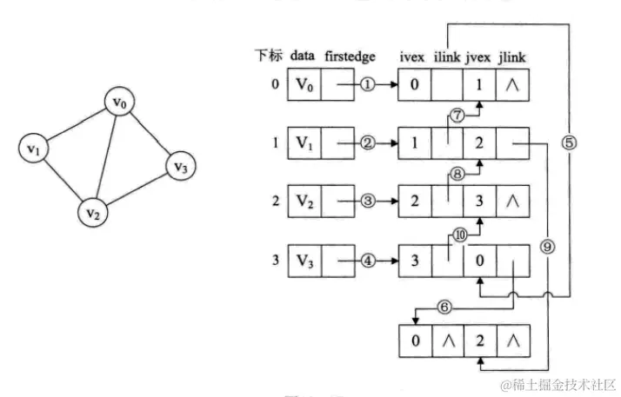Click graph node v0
tap(122, 103)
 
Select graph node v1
tap(34, 149)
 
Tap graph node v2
tap(94, 210)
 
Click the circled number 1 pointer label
tap(367, 85)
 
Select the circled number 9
tap(546, 246)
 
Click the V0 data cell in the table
tap(304, 85)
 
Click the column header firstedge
tap(351, 56)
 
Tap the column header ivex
tap(413, 56)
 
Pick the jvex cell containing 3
tap(479, 202)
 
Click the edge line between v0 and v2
tap(110, 155)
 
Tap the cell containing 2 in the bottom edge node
tap(479, 340)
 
